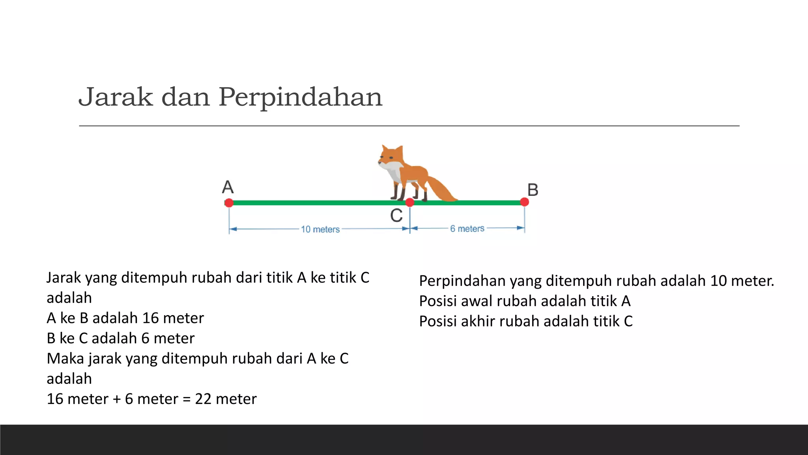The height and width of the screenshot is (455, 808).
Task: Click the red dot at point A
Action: pyautogui.click(x=229, y=203)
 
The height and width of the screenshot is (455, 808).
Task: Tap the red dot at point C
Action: pyautogui.click(x=410, y=203)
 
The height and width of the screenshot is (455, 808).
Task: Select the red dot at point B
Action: pyautogui.click(x=524, y=202)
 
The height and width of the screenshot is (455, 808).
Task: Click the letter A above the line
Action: pyautogui.click(x=228, y=187)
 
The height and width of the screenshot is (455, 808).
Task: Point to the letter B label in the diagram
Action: pyautogui.click(x=533, y=190)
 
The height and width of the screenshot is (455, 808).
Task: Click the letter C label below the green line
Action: pyautogui.click(x=396, y=216)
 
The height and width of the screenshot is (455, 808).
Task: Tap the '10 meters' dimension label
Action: pyautogui.click(x=320, y=229)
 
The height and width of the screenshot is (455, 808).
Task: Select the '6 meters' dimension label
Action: pyautogui.click(x=467, y=229)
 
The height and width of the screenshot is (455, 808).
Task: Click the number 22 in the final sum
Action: pyautogui.click(x=203, y=399)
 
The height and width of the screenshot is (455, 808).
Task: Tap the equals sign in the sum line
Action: pyautogui.click(x=187, y=399)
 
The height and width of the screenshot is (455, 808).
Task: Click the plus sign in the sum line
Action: pyautogui.click(x=116, y=399)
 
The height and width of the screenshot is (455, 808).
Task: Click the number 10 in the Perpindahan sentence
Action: pyautogui.click(x=718, y=281)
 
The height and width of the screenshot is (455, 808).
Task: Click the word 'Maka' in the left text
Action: pyautogui.click(x=65, y=359)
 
